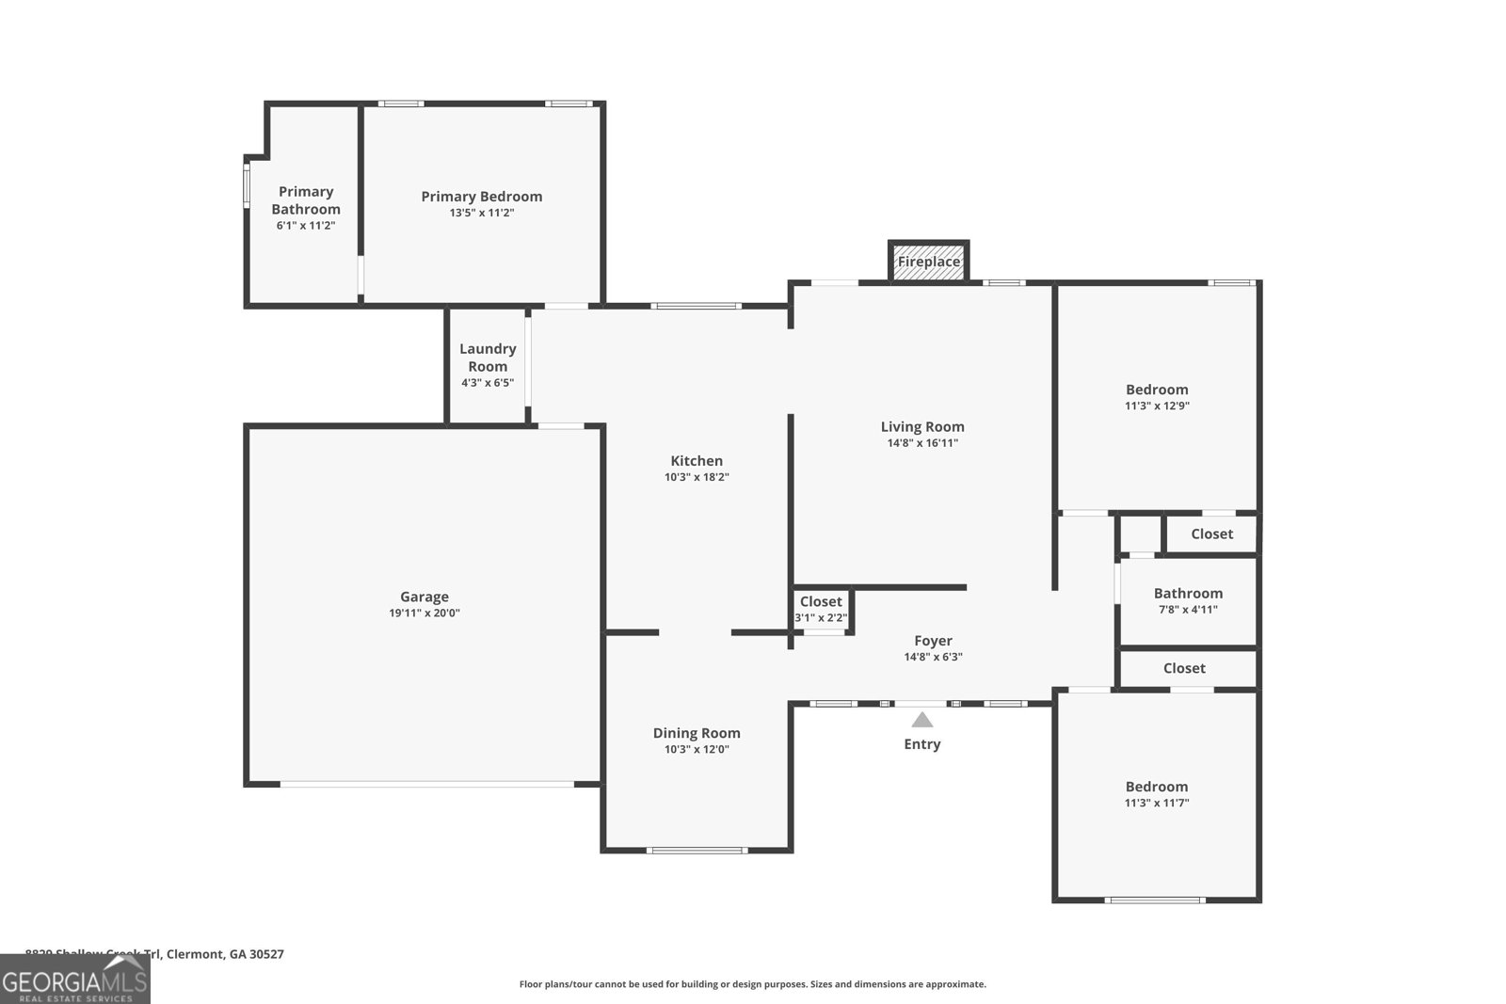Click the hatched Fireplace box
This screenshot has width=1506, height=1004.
(x=928, y=262)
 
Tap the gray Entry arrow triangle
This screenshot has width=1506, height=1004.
(x=922, y=720)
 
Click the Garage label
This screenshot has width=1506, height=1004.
(x=425, y=597)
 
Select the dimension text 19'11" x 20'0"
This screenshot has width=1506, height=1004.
(x=425, y=614)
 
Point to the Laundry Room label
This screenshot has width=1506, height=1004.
(x=488, y=358)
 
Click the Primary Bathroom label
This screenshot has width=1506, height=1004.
(x=306, y=200)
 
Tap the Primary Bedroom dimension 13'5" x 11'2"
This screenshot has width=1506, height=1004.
(x=482, y=213)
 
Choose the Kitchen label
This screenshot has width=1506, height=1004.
(x=697, y=461)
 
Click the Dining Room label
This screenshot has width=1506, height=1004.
(x=697, y=733)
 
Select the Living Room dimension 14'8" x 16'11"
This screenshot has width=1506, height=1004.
(x=922, y=443)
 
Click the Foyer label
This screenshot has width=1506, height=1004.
(x=933, y=641)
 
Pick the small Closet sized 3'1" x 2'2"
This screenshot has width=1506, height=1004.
(x=821, y=609)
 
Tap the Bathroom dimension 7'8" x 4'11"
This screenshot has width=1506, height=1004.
(x=1188, y=610)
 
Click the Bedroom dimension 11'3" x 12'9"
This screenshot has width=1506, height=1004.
(x=1157, y=406)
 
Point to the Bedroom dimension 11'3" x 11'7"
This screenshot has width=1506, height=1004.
(x=1157, y=804)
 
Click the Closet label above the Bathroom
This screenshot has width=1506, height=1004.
(x=1211, y=534)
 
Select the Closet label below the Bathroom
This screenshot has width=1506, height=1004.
(x=1184, y=668)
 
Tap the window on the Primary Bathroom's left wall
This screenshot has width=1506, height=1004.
(x=247, y=185)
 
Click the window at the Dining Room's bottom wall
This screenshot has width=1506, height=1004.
(x=697, y=851)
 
